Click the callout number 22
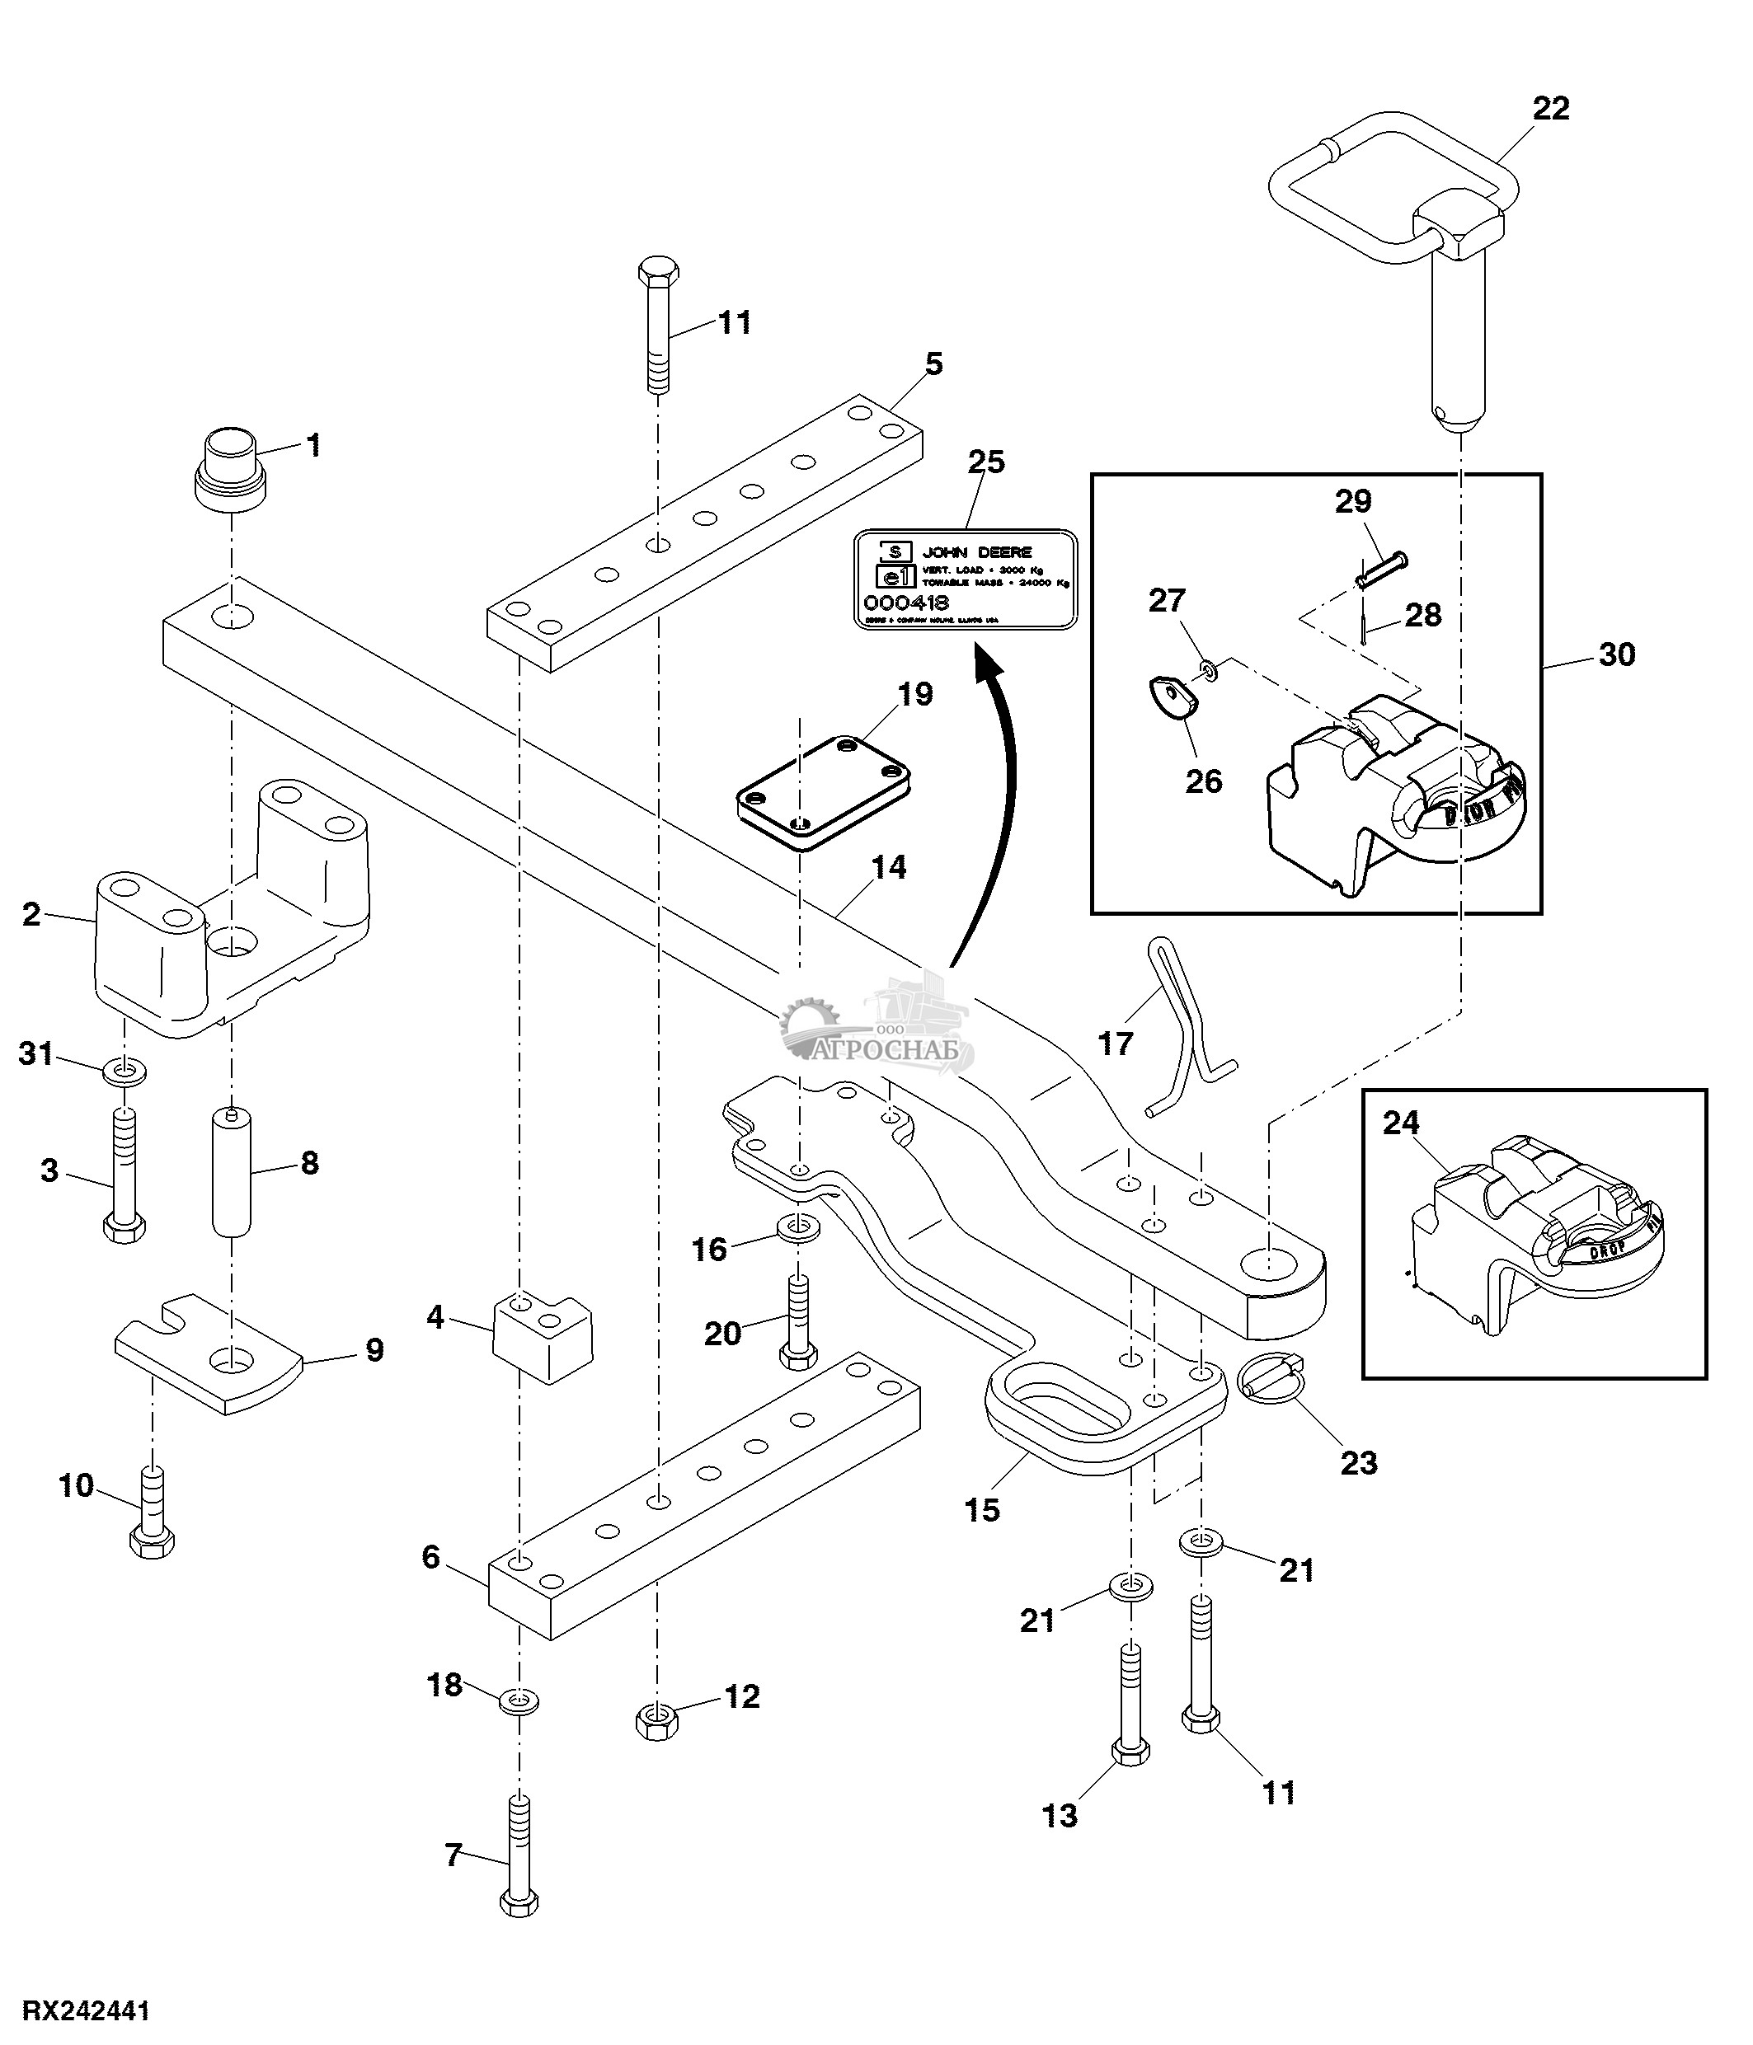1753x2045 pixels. tap(1549, 109)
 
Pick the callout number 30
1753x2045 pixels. tap(1616, 654)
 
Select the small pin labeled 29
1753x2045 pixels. tap(1383, 571)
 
